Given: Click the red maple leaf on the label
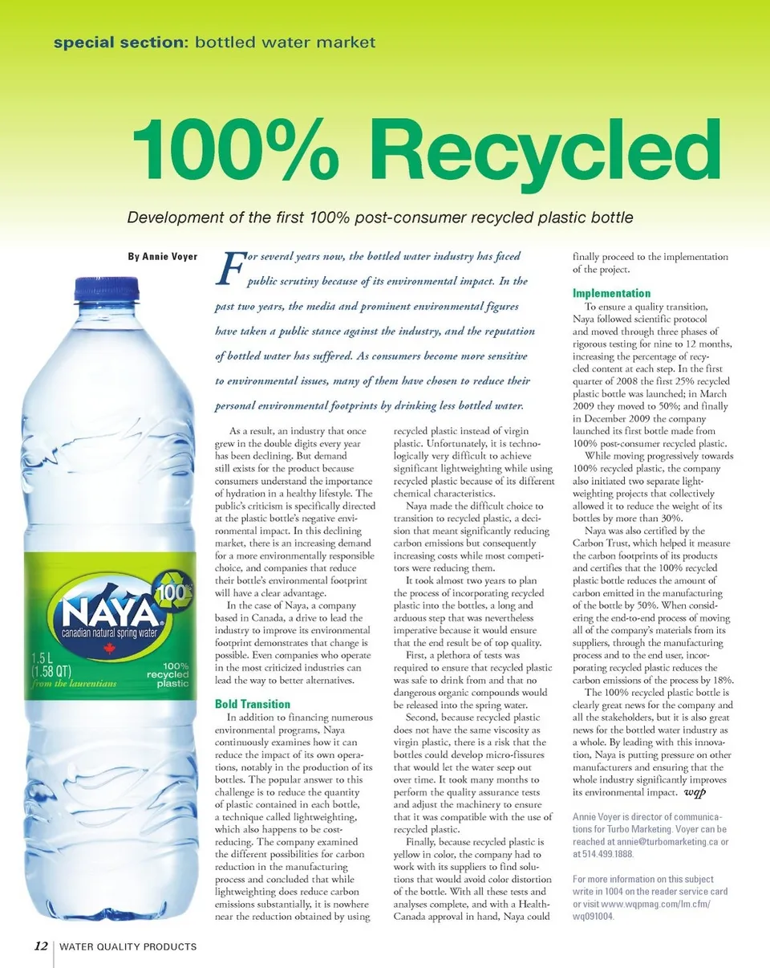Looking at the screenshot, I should (x=111, y=647).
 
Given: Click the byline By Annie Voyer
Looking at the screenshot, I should (x=163, y=258).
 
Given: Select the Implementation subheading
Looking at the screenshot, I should (x=611, y=293).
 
